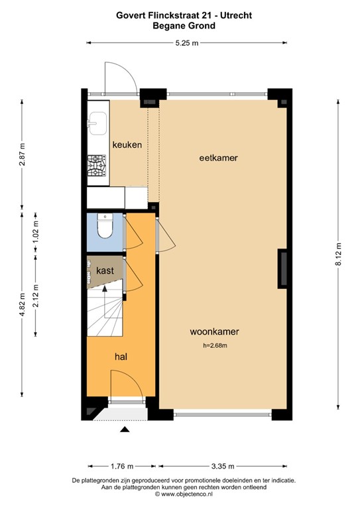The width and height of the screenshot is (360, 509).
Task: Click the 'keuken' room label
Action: [x=127, y=144]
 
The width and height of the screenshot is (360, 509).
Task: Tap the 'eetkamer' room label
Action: [x=218, y=158]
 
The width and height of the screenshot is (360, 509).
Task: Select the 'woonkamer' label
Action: [x=214, y=332]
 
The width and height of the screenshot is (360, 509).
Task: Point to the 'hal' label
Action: [x=121, y=357]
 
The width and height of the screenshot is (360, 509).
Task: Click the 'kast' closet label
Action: [x=105, y=271]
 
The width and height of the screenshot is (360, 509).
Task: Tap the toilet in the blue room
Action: [x=104, y=227]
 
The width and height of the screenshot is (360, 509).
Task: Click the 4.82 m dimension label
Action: [x=22, y=306]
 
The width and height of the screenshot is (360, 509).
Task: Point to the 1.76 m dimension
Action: [x=121, y=467]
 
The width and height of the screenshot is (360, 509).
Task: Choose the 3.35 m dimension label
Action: [x=219, y=467]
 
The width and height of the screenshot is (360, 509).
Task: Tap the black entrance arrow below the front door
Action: [x=124, y=431]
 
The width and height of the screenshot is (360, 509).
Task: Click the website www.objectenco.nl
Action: [x=183, y=494]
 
